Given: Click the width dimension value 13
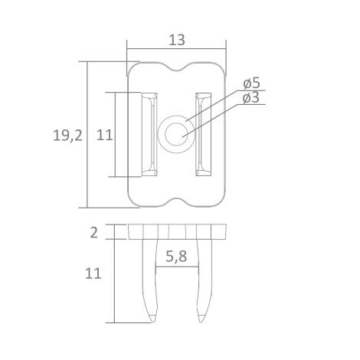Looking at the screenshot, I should click(177, 41).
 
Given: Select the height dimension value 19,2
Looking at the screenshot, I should click(67, 136).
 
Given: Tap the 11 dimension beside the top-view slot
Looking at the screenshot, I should click(105, 135).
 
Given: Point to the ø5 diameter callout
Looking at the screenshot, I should click(251, 83).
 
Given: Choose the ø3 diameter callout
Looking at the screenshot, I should click(251, 98).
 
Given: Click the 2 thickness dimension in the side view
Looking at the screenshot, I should click(94, 232).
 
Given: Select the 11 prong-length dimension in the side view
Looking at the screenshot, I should click(94, 273).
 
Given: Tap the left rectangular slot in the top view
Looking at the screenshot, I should click(150, 135).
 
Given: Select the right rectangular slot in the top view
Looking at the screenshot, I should click(204, 135).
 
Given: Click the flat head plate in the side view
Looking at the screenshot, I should click(177, 232).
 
